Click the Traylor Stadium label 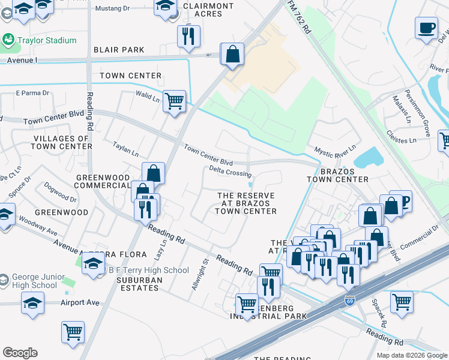click(x=47, y=40)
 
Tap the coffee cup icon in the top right click(x=427, y=28)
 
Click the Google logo click(x=20, y=353)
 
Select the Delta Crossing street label click(x=230, y=173)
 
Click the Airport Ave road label click(x=80, y=302)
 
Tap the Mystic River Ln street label click(x=335, y=148)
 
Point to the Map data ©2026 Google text click(x=411, y=355)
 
